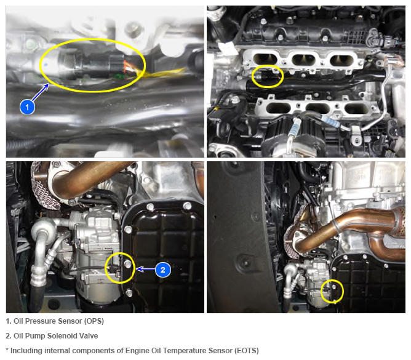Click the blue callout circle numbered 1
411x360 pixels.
click(x=27, y=106)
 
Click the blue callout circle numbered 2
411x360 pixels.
click(x=163, y=270)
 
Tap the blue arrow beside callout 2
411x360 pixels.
click(x=145, y=270)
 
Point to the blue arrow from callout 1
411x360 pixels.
click(x=40, y=92)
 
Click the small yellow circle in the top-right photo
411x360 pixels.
click(x=268, y=76)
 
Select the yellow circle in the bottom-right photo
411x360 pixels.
click(x=332, y=291)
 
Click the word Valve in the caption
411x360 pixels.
click(x=89, y=336)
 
